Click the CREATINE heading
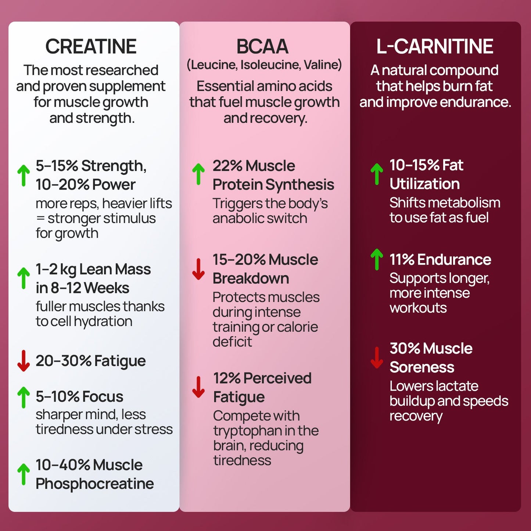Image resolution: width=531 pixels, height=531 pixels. tap(91, 47)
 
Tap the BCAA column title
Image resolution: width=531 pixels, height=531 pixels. tap(262, 47)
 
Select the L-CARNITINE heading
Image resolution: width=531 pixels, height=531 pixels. tap(435, 47)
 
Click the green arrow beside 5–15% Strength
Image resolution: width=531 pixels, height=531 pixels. tap(24, 175)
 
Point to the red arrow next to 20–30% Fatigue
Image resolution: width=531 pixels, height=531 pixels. tap(24, 360)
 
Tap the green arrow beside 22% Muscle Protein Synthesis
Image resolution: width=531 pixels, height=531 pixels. tap(198, 174)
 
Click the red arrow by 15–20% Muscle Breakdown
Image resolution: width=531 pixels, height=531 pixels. tap(198, 269)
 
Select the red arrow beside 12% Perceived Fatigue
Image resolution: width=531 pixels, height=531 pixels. tap(198, 387)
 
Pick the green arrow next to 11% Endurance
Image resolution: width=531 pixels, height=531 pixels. tap(377, 259)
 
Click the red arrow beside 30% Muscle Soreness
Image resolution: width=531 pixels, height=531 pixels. tap(377, 358)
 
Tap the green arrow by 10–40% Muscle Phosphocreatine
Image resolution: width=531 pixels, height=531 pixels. tap(24, 474)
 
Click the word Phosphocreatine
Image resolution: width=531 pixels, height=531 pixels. tap(94, 484)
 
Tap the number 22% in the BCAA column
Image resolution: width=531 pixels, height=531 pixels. tap(227, 166)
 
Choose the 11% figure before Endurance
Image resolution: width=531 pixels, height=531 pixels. tap(402, 260)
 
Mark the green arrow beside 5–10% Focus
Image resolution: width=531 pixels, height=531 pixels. tap(24, 397)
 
